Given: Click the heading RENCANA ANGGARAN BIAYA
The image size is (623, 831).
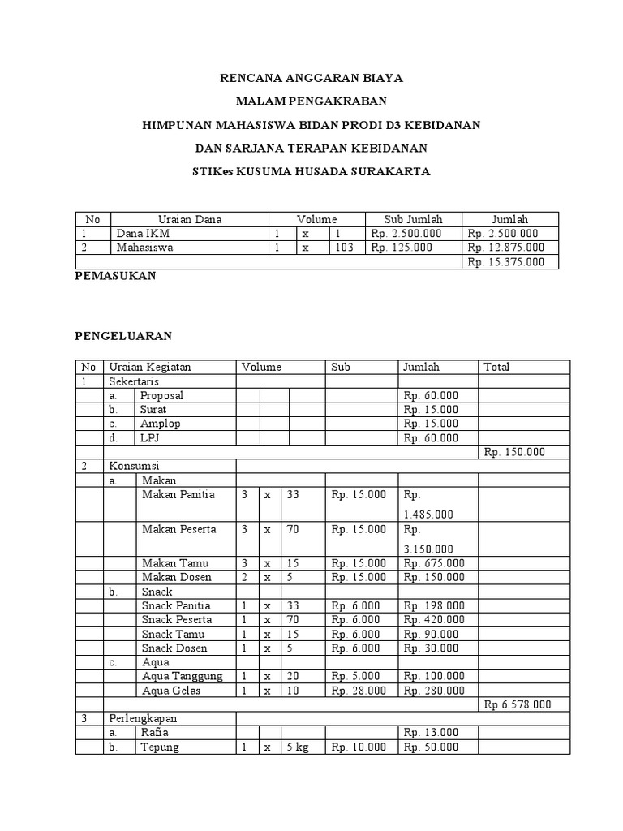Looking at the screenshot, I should click(x=312, y=79).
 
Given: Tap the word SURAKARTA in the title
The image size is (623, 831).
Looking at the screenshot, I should click(x=393, y=172).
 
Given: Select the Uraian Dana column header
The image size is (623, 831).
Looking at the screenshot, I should click(x=190, y=219).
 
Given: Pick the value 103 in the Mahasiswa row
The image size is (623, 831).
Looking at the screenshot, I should click(x=344, y=248).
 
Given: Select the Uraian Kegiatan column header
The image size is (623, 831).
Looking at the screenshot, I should click(x=149, y=367).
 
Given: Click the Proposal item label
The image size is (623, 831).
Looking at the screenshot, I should click(x=162, y=395).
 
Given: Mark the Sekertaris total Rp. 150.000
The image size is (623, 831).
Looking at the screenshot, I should click(x=514, y=452).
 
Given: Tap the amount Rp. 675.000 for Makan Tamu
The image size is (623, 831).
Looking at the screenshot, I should click(x=434, y=563).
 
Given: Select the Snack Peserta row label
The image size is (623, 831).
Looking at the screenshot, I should click(x=176, y=620).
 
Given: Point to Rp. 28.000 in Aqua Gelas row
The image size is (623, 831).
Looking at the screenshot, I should click(x=359, y=691).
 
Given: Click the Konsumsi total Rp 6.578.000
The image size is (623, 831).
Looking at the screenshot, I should click(x=517, y=704).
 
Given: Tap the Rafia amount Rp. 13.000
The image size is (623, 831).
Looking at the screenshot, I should click(x=430, y=733).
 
